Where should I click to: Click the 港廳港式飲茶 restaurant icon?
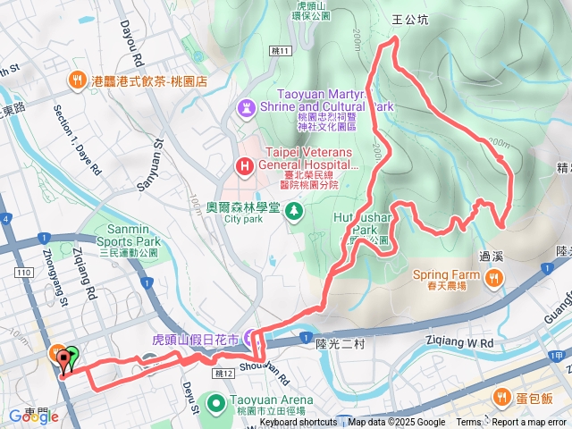78,80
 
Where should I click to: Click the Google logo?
33,416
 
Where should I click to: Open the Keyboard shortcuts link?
299,423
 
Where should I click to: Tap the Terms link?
468,423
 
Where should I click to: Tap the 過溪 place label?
493,255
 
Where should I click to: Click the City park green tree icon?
296,210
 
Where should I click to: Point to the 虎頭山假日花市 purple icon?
249,340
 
